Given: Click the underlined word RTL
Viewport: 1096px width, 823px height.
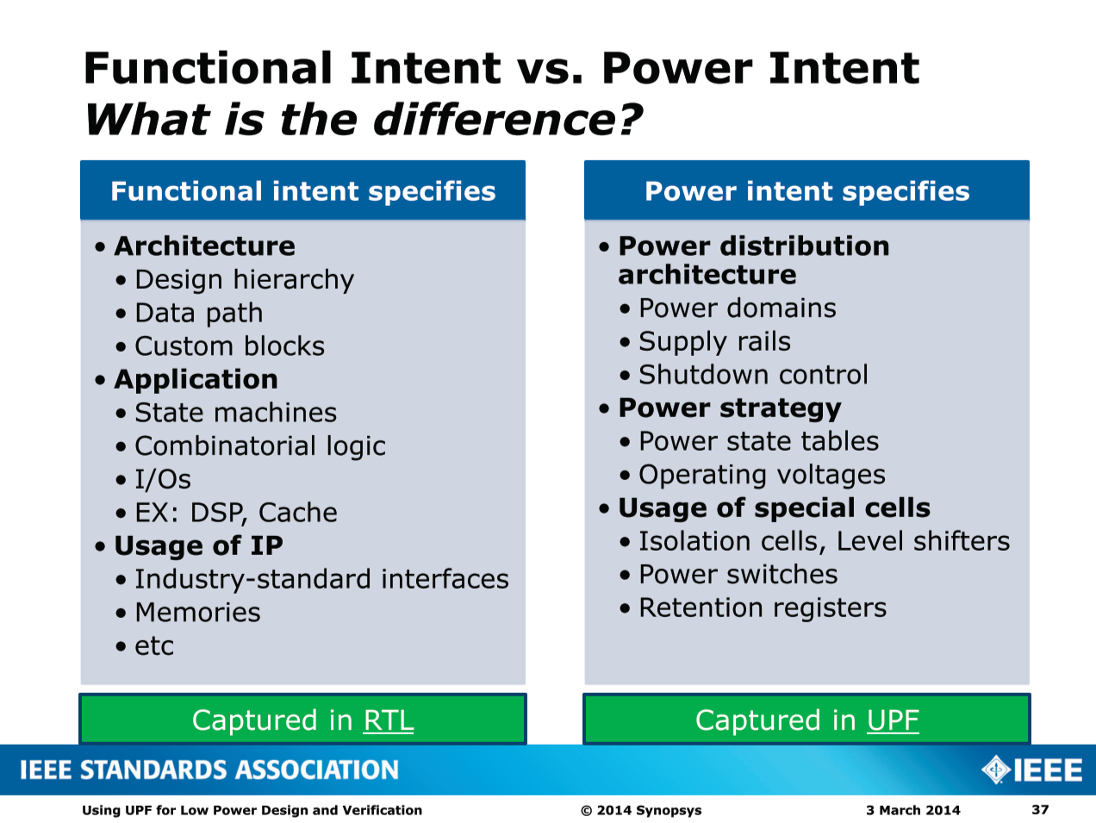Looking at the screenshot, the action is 389,720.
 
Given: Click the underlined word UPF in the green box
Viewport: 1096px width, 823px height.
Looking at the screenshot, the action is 893,720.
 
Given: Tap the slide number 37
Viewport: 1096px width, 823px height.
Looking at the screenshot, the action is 1041,809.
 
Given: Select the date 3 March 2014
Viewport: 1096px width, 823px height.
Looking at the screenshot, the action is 913,810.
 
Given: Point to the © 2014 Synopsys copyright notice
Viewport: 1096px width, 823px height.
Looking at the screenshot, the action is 641,810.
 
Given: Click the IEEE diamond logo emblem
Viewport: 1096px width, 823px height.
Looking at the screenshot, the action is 996,770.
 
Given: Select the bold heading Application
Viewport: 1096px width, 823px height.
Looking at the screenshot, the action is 196,379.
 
